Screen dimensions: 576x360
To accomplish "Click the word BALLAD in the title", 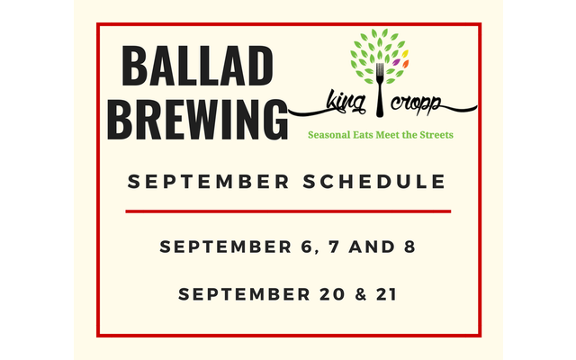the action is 197,67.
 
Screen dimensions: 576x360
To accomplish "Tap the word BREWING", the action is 198,120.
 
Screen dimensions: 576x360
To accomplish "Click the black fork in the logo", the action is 380,90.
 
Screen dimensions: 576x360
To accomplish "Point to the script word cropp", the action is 416,103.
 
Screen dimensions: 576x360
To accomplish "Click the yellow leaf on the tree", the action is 405,54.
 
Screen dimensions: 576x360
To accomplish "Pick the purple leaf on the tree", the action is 396,62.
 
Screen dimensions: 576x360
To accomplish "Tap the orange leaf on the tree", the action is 406,64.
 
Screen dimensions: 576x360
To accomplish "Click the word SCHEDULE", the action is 374,182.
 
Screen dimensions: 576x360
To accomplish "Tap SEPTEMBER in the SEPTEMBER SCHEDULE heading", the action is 208,182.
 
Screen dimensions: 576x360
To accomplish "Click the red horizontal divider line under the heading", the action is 288,211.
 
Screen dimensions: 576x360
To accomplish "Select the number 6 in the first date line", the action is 306,247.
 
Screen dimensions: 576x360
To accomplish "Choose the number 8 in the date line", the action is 409,247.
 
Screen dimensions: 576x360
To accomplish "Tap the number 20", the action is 332,294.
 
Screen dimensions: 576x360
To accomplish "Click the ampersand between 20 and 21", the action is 361,294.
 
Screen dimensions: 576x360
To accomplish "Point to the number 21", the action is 386,294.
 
